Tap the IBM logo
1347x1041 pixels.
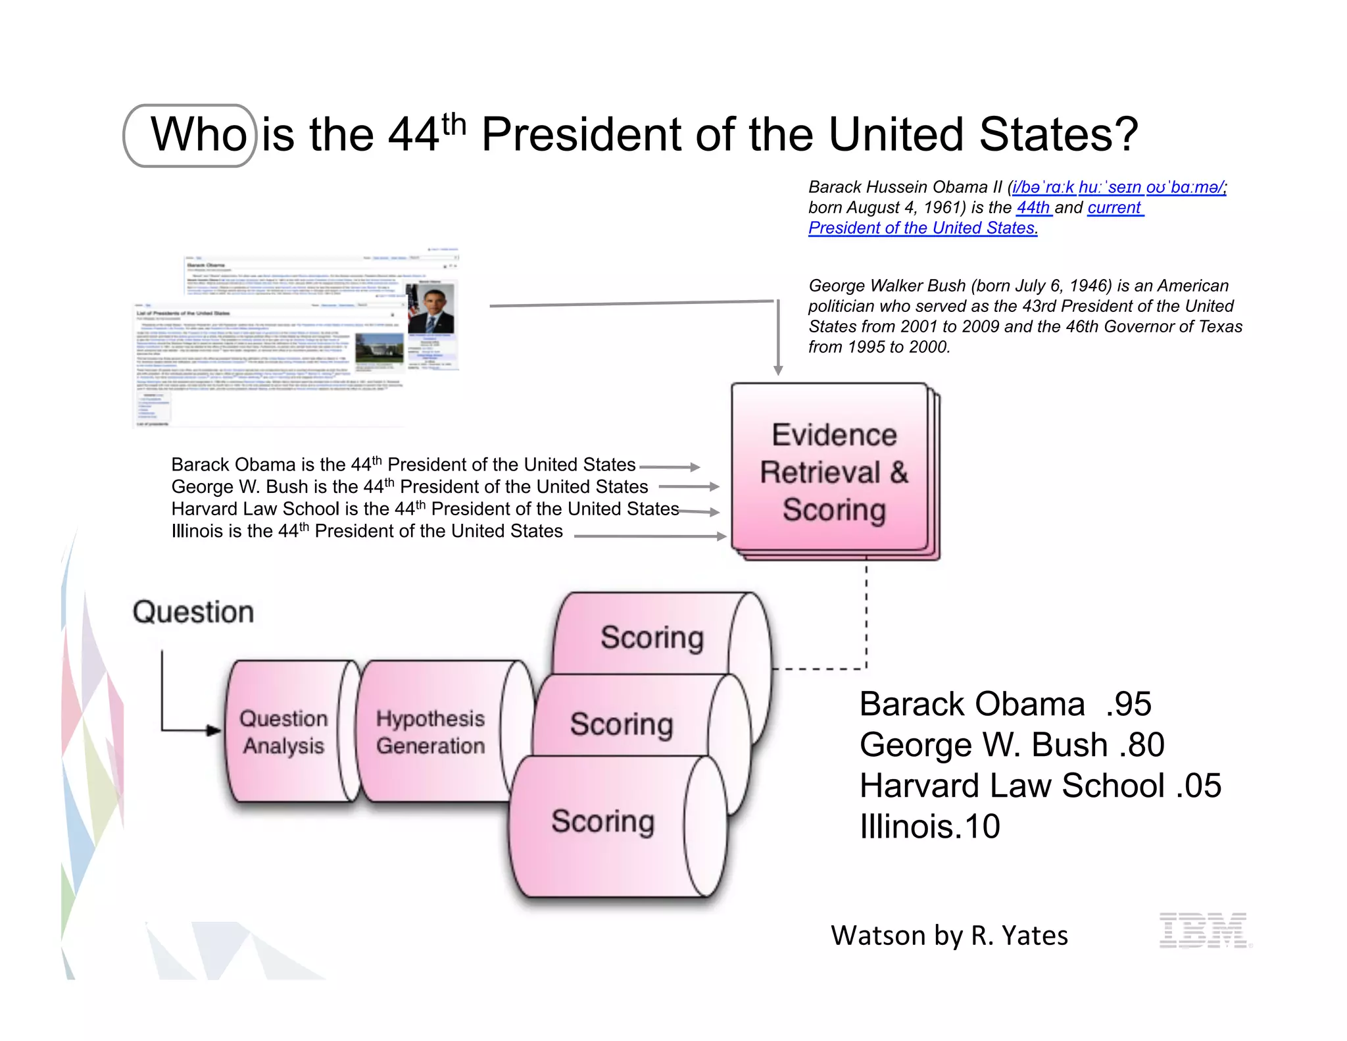1203,930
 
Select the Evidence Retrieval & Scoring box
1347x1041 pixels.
833,472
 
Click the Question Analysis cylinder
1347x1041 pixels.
283,732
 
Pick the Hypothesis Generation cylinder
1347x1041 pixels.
431,732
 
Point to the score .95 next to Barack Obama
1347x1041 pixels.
1129,705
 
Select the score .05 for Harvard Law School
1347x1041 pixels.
1198,786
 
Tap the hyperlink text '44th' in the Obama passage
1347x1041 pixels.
1033,208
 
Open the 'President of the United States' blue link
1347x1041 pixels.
922,228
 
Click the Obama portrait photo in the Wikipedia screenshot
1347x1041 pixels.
431,309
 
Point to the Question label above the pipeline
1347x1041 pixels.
193,612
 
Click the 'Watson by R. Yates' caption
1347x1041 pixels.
949,936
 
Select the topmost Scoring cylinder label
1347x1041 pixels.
652,638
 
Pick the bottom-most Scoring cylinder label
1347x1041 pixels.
602,821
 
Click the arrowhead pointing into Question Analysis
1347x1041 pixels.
214,730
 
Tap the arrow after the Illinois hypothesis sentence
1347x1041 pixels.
720,536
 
